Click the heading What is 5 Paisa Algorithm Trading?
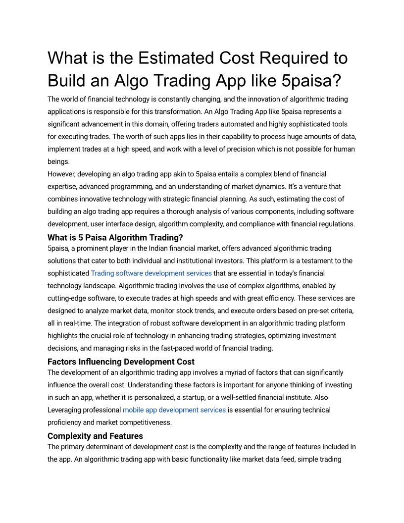click(x=115, y=237)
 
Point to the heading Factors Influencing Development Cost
click(x=121, y=362)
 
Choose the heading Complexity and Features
click(x=95, y=436)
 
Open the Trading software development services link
click(x=151, y=273)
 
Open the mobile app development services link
click(x=174, y=410)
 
